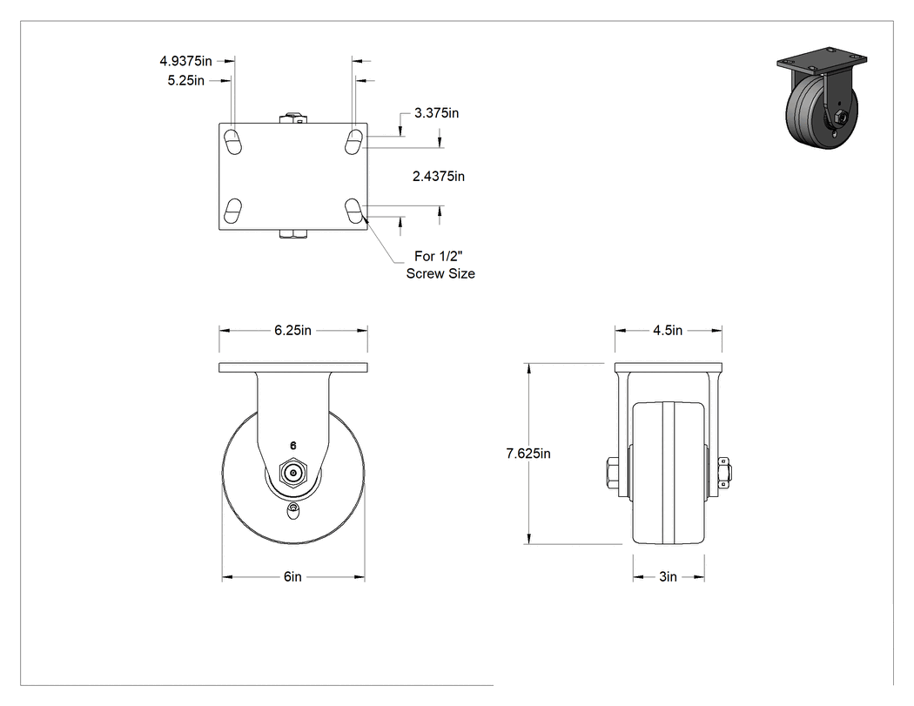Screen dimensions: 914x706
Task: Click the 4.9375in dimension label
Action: (x=186, y=61)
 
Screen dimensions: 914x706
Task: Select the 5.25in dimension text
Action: (x=186, y=80)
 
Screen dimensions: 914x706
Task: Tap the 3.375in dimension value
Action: (x=437, y=113)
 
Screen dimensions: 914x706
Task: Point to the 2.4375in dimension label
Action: (x=439, y=176)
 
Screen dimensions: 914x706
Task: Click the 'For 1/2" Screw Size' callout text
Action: (x=440, y=265)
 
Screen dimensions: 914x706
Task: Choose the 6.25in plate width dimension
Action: (x=292, y=331)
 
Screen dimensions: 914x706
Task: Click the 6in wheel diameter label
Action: (x=292, y=576)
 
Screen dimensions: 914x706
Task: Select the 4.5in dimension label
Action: (x=668, y=331)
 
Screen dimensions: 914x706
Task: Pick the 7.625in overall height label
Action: (x=528, y=454)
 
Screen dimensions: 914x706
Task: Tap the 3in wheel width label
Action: (x=668, y=576)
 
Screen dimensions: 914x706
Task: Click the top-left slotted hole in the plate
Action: (x=233, y=142)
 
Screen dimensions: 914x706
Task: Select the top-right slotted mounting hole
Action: (x=353, y=142)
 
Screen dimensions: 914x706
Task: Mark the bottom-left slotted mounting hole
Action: (x=233, y=211)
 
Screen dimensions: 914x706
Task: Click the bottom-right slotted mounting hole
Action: (x=353, y=211)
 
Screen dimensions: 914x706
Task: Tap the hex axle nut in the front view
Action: (x=293, y=474)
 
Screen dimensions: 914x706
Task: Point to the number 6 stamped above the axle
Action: (x=293, y=446)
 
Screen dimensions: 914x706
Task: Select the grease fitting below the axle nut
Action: (x=294, y=511)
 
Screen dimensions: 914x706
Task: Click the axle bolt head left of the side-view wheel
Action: (x=611, y=473)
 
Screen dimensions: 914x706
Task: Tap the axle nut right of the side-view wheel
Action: (x=726, y=473)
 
